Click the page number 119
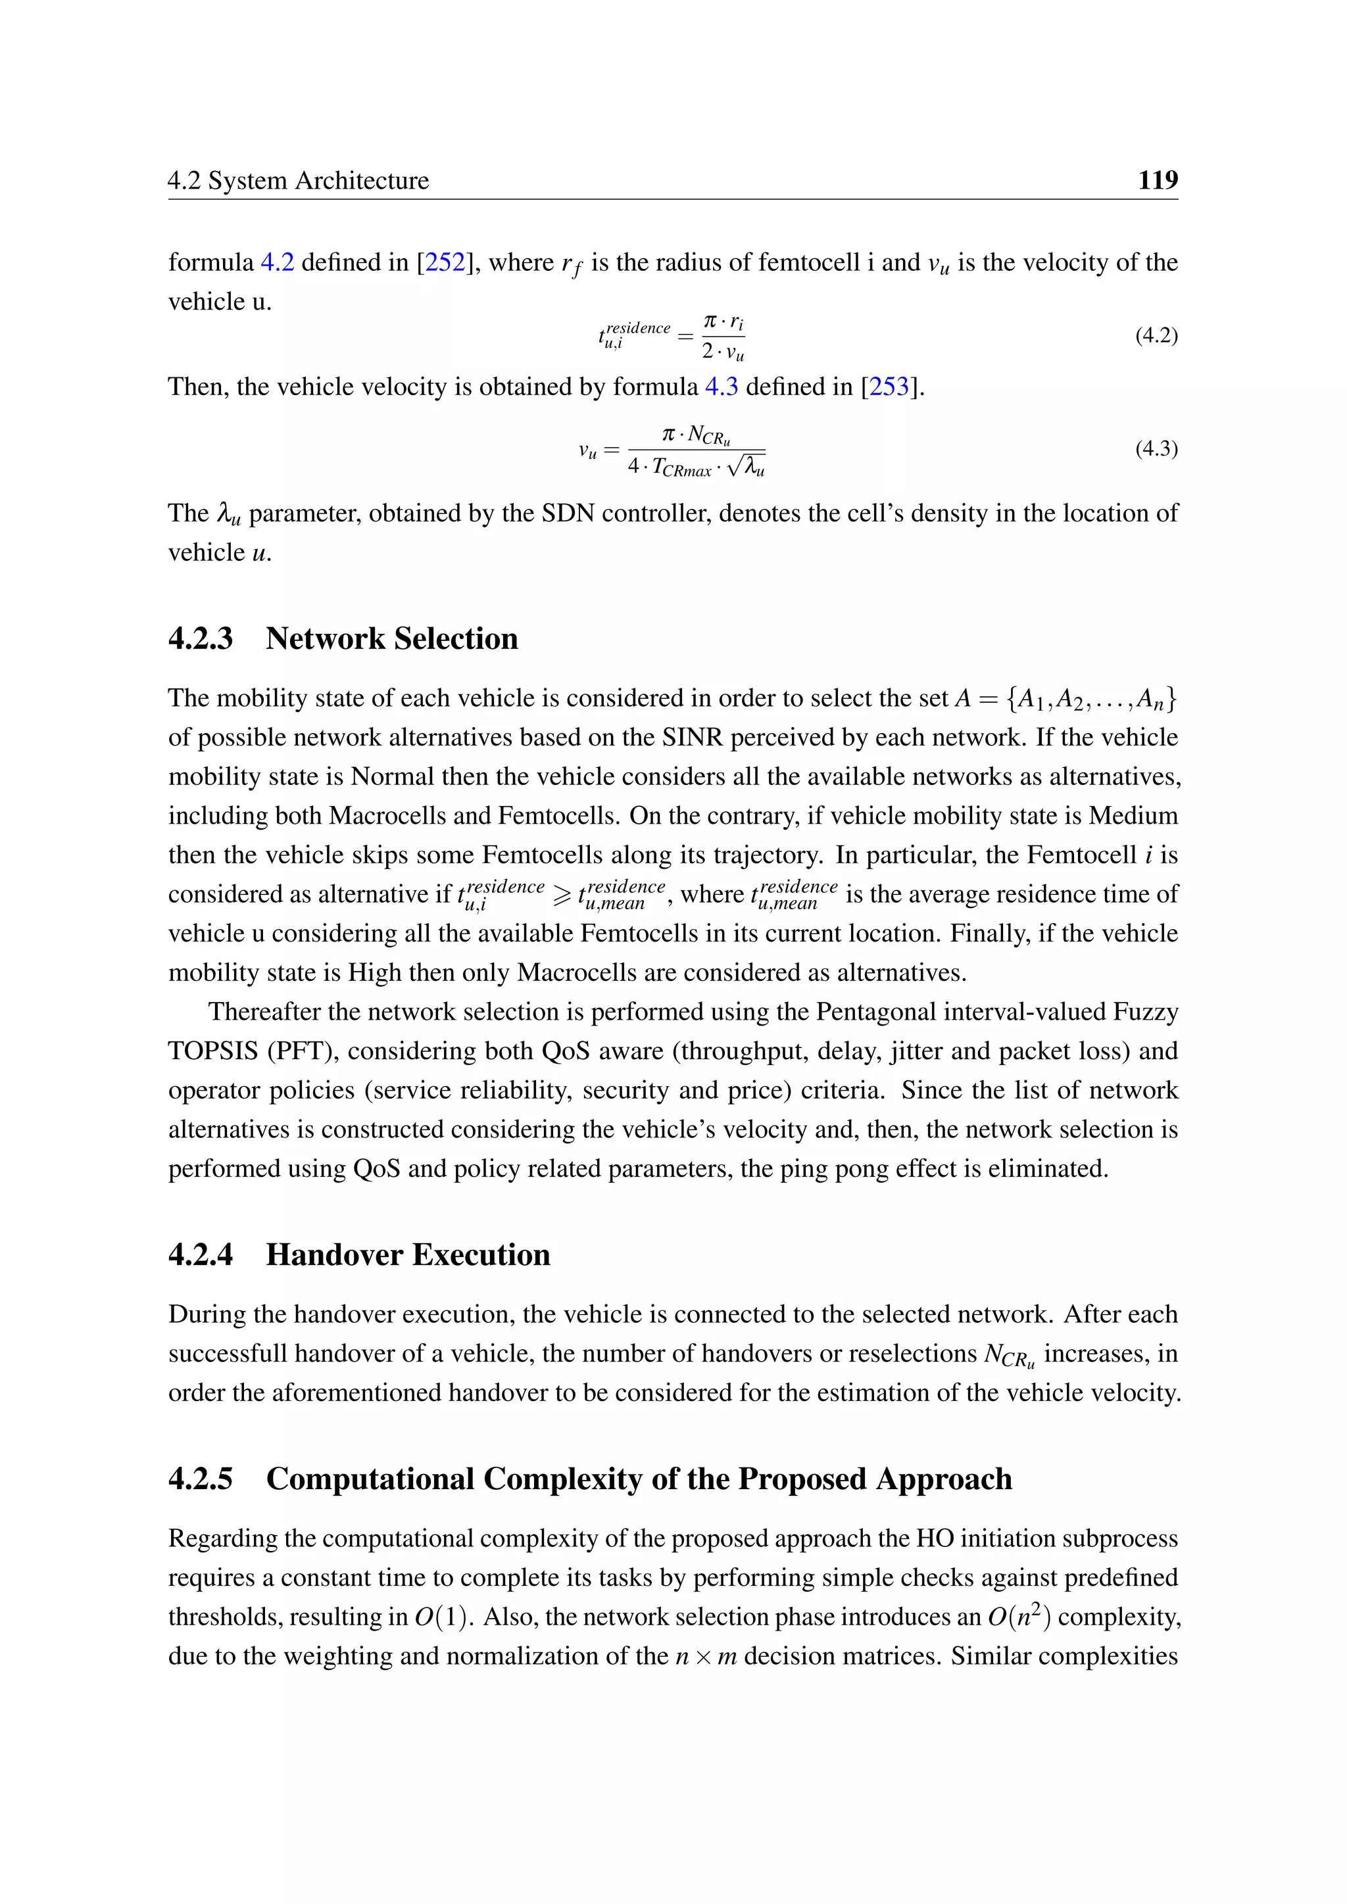1157,180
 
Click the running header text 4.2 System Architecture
299,181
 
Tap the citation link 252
445,263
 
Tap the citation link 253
889,387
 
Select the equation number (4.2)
1156,336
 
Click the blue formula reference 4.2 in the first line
277,263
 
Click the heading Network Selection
391,638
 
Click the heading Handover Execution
407,1254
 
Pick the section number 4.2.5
201,1479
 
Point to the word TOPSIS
213,1051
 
